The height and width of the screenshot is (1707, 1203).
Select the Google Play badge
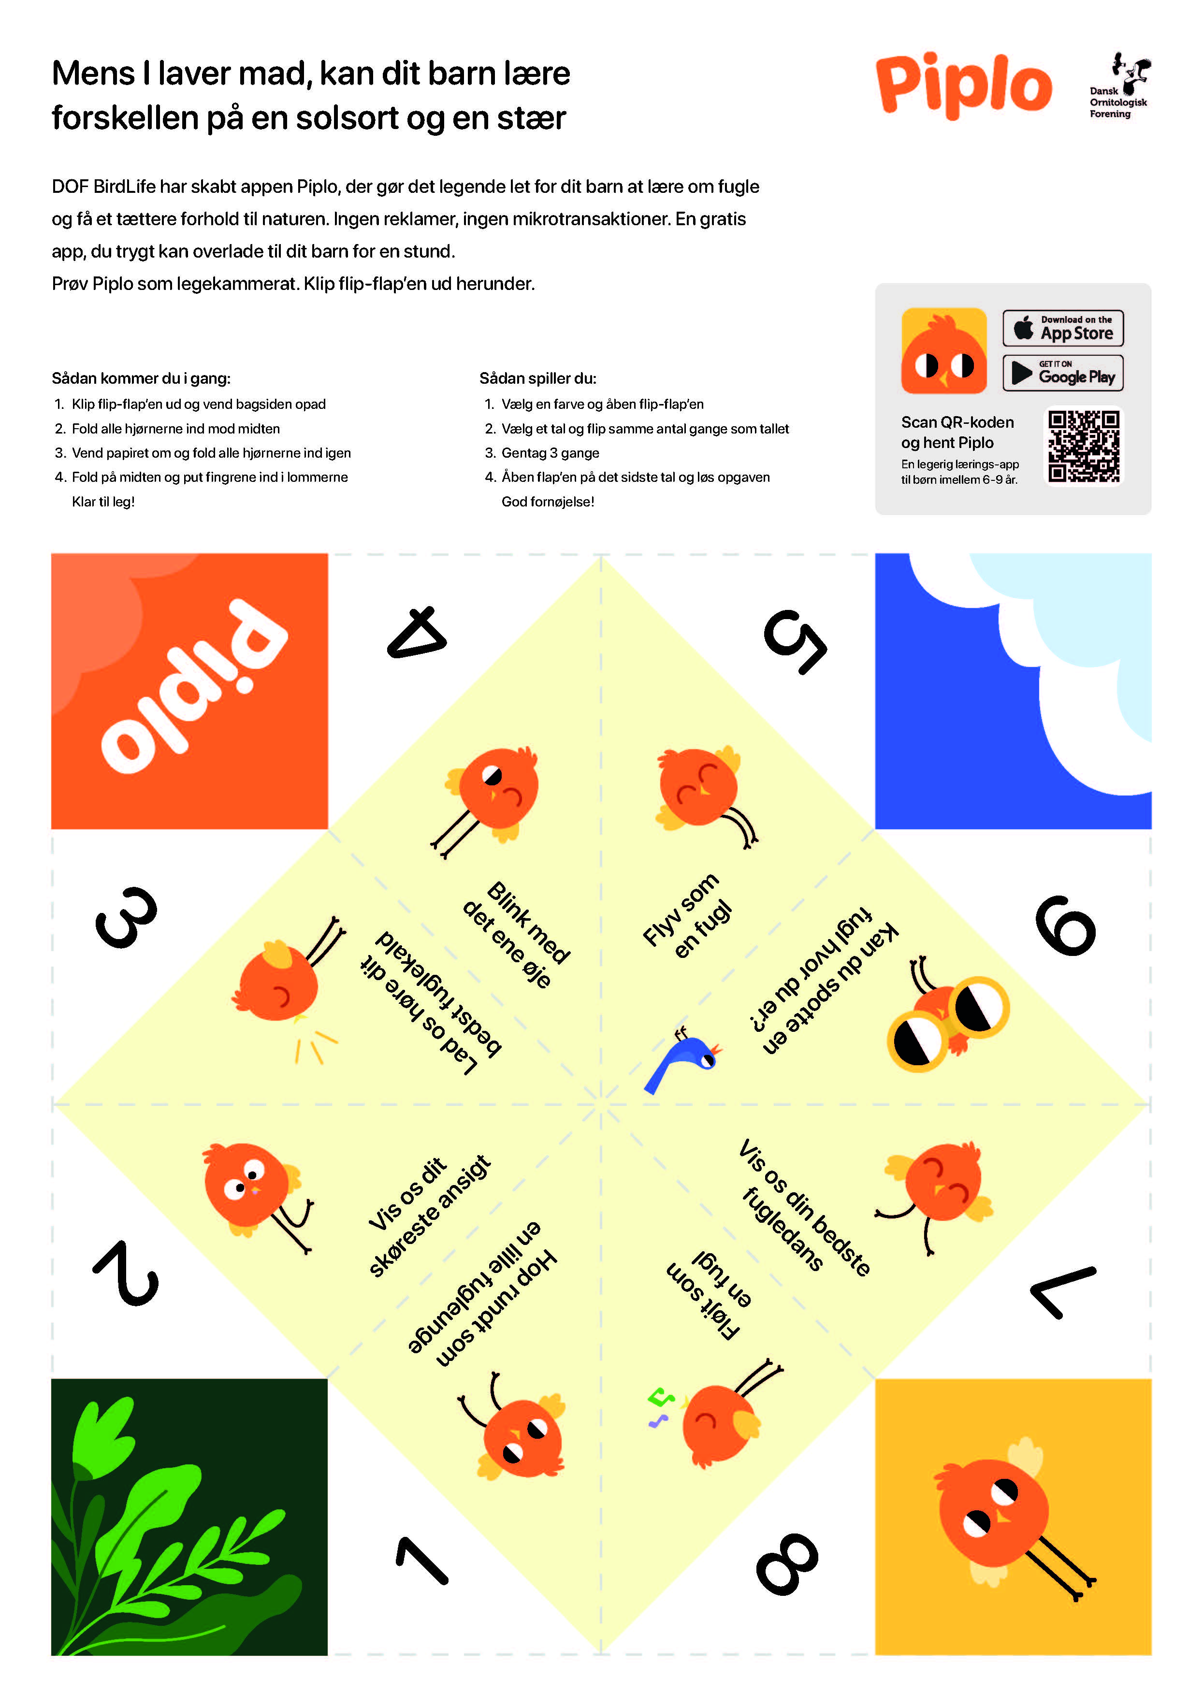pyautogui.click(x=1062, y=373)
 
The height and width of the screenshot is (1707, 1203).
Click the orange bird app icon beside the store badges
pyautogui.click(x=943, y=351)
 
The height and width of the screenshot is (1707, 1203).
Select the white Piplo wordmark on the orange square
pyautogui.click(x=193, y=685)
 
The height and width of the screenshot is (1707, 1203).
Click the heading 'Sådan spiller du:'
pyautogui.click(x=537, y=378)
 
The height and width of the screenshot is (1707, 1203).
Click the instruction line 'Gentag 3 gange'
pyautogui.click(x=550, y=453)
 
